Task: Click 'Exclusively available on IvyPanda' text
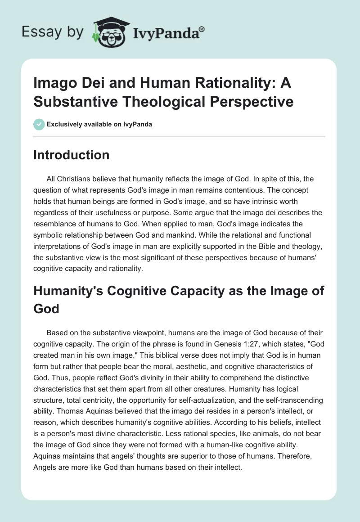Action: pyautogui.click(x=99, y=124)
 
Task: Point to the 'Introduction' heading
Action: pyautogui.click(x=72, y=155)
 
